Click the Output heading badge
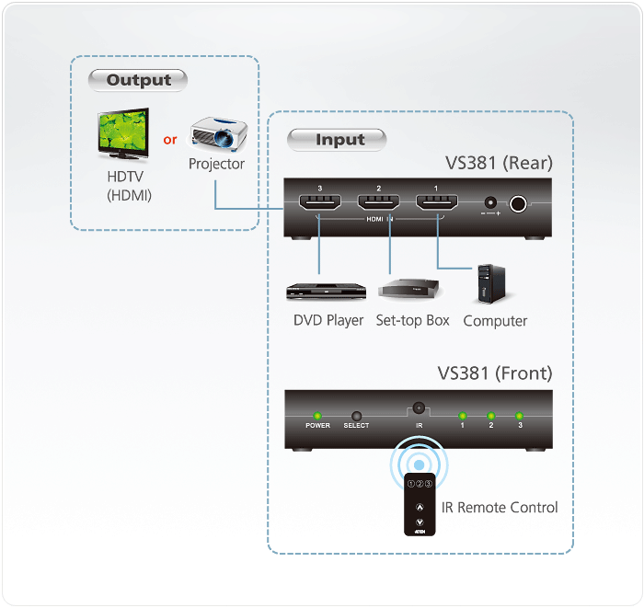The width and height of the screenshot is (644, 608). tap(138, 80)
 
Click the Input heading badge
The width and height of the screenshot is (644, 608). tap(338, 140)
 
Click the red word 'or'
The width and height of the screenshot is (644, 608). tap(170, 140)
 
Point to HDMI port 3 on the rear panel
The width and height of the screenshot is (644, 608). tap(318, 203)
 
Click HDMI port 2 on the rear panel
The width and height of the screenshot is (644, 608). tap(378, 203)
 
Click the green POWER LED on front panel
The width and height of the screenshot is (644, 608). tap(317, 416)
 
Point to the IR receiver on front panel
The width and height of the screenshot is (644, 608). tap(419, 407)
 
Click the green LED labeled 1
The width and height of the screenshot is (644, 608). tap(463, 416)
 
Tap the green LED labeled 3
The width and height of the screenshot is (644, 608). tap(520, 416)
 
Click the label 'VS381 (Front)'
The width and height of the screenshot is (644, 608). tap(495, 373)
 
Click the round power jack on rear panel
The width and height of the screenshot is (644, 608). tap(520, 204)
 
